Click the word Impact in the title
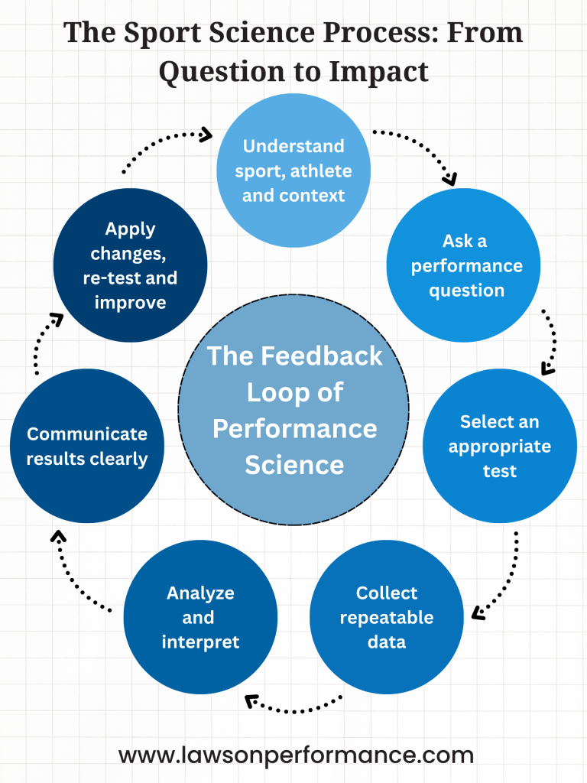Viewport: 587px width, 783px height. [378, 72]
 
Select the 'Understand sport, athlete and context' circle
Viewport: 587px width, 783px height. [293, 171]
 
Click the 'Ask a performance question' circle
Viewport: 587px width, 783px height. [463, 265]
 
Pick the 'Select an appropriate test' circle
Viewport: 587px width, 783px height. [500, 446]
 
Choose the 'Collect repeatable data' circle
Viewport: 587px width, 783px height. [386, 617]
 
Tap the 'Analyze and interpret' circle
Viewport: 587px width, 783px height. [200, 617]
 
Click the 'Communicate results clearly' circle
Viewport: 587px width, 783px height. [87, 446]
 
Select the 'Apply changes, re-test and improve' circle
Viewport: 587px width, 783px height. [130, 265]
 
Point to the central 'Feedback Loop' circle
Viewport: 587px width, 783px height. [293, 410]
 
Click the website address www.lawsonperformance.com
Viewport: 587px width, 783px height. [296, 755]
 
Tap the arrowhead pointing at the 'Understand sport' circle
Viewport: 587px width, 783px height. [206, 135]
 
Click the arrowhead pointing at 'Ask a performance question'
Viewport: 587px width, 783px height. [450, 179]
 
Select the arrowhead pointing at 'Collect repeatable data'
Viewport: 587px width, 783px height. [478, 612]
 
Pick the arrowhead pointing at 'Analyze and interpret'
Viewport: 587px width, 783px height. [251, 701]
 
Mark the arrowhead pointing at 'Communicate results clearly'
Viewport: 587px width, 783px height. [58, 536]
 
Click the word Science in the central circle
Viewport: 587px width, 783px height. [294, 465]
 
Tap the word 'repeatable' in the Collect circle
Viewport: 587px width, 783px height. [387, 618]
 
